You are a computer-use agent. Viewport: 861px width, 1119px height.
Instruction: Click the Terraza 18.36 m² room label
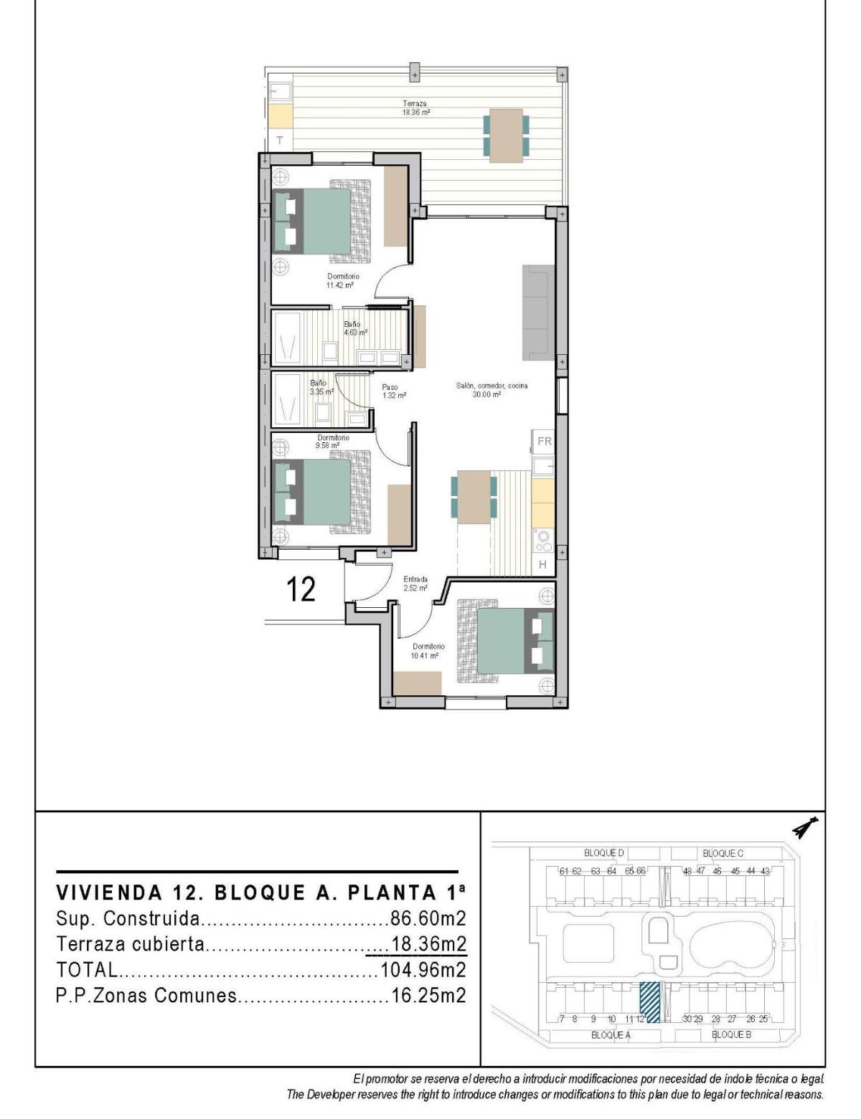415,108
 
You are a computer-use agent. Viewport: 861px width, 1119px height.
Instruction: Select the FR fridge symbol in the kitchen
544,442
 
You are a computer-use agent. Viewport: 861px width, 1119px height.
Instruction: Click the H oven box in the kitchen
542,565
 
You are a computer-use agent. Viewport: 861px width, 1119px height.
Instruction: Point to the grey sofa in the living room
538,312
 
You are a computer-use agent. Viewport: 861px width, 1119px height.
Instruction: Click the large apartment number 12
301,589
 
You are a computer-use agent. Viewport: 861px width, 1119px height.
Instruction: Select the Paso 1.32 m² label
394,391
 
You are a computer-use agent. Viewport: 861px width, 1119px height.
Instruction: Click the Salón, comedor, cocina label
491,389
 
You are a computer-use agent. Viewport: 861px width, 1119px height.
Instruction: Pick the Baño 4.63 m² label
354,328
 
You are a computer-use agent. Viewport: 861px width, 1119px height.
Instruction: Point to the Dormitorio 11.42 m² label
343,280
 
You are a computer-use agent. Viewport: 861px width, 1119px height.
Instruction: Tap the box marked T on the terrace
280,140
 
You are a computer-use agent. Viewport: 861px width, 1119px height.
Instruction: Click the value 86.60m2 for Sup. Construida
428,918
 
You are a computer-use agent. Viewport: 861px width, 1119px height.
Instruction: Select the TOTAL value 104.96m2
423,970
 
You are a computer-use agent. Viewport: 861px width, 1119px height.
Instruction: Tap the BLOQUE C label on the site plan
723,853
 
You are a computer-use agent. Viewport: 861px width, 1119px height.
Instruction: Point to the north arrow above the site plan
806,828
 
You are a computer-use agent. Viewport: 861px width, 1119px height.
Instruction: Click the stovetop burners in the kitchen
543,538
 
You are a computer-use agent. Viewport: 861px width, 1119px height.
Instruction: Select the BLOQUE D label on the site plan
603,853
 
